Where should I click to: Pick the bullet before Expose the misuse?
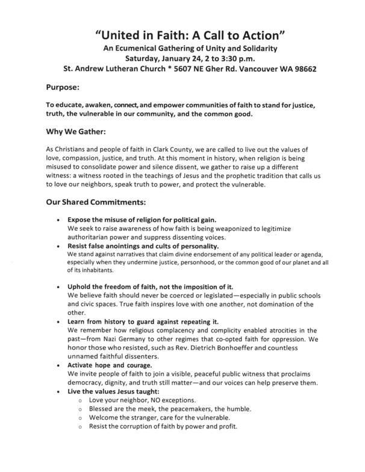58,220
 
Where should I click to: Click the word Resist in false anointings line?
81,246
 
